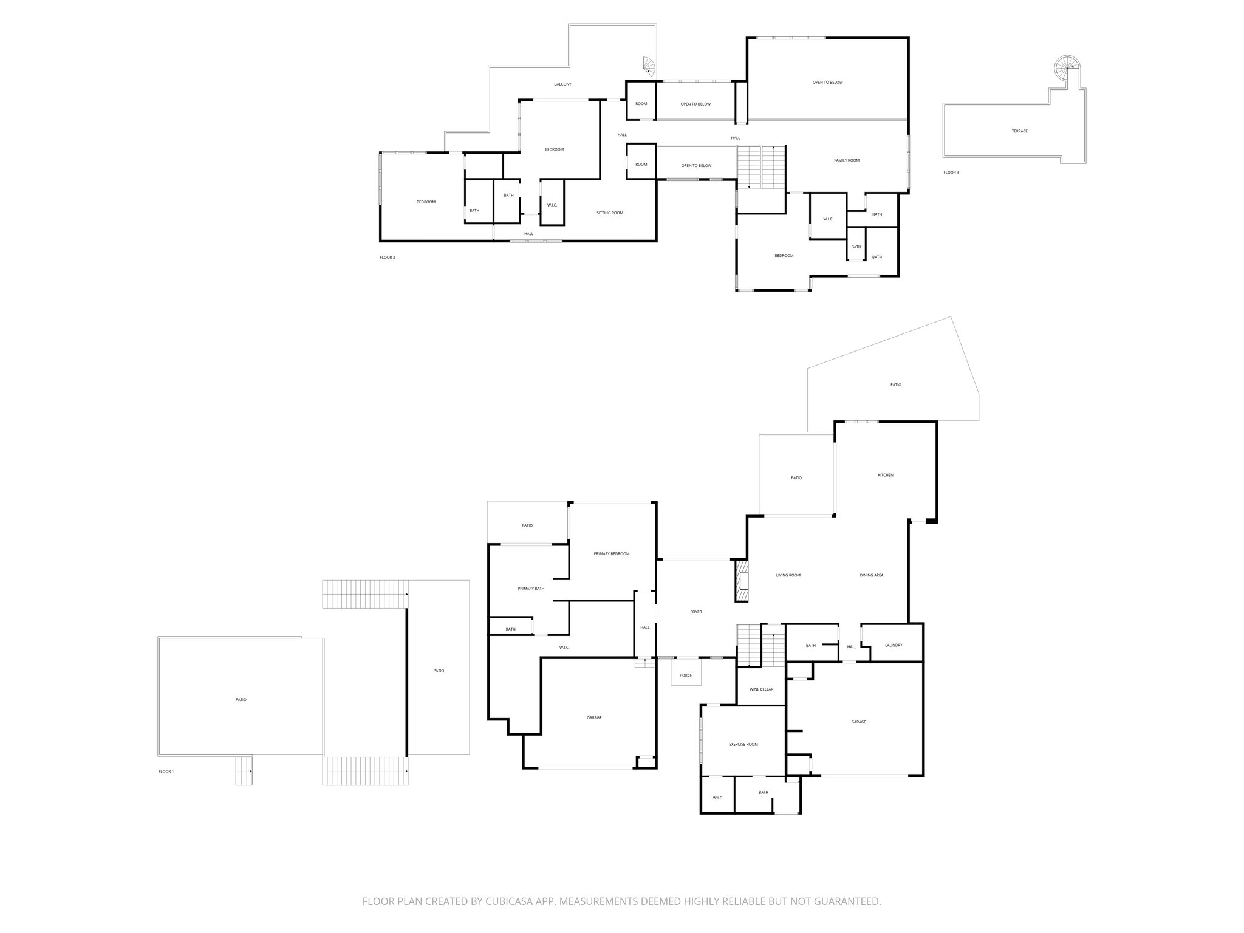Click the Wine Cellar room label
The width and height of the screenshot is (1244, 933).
[x=761, y=689]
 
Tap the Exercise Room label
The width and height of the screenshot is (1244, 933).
[x=743, y=744]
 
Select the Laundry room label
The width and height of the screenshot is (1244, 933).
[x=894, y=645]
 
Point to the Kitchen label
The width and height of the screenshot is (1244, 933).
[x=886, y=475]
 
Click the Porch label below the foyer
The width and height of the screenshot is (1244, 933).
[x=686, y=675]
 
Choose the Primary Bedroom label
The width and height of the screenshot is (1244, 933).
[x=612, y=554]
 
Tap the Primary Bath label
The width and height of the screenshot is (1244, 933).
[x=531, y=589]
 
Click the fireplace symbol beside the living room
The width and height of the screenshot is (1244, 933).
[x=742, y=581]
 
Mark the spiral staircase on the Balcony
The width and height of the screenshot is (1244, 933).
[x=649, y=66]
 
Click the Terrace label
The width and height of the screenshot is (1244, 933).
[x=1019, y=131]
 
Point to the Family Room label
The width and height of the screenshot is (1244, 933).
[x=846, y=160]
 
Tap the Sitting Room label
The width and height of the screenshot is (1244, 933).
[x=609, y=213]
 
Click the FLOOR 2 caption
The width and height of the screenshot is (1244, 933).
[x=388, y=258]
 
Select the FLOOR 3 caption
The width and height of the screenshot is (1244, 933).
[x=951, y=173]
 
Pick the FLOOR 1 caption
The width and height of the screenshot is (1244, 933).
[x=166, y=771]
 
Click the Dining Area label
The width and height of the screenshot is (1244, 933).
[x=872, y=575]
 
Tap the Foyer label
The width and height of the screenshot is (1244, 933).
[x=696, y=612]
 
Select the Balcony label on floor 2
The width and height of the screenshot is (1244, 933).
[x=562, y=84]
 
